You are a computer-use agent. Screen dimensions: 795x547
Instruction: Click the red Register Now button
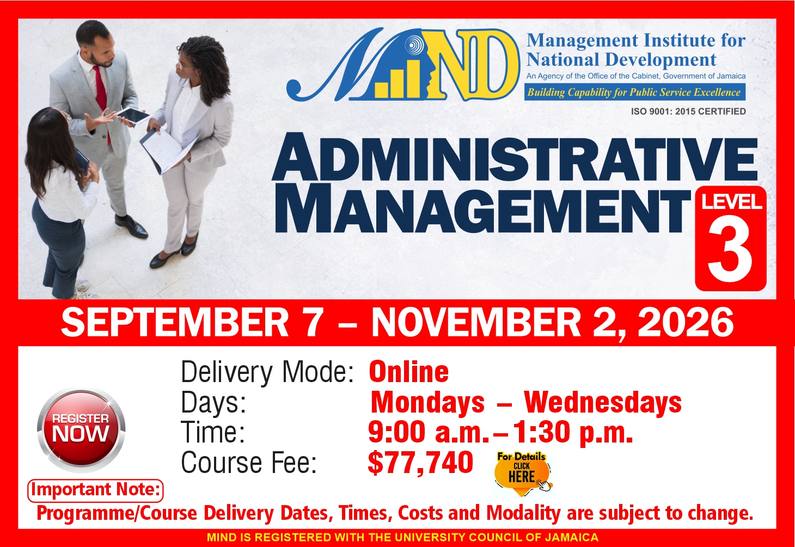81,430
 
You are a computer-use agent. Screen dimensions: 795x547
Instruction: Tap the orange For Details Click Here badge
522,474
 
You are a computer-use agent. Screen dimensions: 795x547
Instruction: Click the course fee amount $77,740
420,463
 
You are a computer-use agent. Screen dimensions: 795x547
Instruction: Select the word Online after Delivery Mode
409,372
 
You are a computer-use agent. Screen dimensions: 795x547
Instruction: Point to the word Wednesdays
603,403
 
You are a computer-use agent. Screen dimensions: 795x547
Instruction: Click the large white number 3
730,252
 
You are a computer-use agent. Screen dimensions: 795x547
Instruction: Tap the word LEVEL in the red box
731,201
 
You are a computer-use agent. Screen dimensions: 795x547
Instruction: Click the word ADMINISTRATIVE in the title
515,157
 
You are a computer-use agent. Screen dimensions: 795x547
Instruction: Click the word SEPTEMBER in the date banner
175,322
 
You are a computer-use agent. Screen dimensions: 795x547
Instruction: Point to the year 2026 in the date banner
686,322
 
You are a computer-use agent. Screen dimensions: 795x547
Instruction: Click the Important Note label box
95,490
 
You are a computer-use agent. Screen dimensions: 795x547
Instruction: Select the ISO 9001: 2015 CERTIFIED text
688,112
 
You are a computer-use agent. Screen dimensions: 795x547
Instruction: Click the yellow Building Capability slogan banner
635,92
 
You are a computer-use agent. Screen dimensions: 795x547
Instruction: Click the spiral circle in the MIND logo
412,45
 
